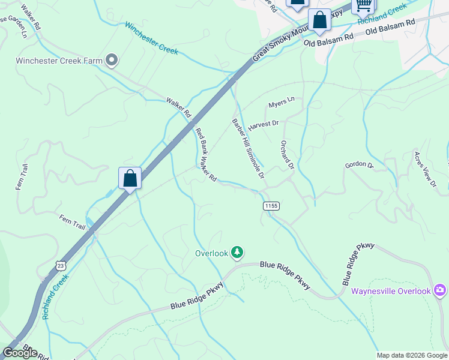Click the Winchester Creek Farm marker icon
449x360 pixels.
pos(111,59)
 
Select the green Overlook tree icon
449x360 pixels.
pos(238,253)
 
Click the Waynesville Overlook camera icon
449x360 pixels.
pos(440,291)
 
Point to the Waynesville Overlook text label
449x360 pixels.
pos(391,291)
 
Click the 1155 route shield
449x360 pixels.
pos(271,205)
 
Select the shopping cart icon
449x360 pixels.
pos(363,5)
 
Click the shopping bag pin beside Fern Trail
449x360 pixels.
pos(130,178)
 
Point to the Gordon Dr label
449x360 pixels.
pos(359,165)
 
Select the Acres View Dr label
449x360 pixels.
pos(424,170)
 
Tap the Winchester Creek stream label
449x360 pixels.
pos(151,38)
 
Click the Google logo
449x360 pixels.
pos(20,352)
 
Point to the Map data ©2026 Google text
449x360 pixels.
pos(411,355)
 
